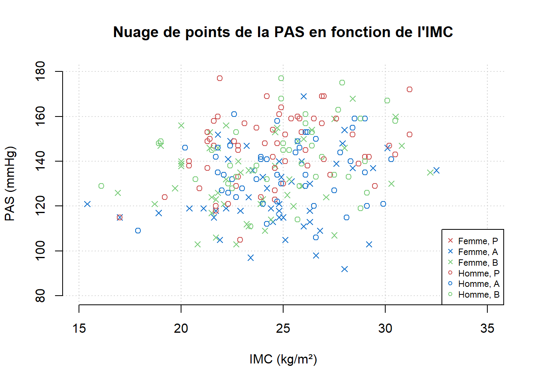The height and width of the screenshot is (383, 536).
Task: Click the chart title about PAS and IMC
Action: tap(283, 32)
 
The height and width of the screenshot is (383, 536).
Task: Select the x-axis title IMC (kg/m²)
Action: tap(283, 359)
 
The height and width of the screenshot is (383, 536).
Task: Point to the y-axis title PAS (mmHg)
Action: tap(10, 184)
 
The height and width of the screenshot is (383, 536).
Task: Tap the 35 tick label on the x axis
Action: tap(487, 328)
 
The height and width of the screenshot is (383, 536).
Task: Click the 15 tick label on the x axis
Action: tap(79, 328)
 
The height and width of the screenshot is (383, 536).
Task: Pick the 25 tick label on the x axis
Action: tap(283, 328)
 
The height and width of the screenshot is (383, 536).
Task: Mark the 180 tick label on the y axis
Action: tap(40, 71)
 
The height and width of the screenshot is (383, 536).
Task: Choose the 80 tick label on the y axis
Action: tap(40, 296)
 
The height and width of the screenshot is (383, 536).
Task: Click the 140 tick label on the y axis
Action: tap(40, 161)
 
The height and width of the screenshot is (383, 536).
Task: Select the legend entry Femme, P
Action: tap(473, 241)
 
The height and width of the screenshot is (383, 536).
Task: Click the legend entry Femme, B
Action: tap(473, 263)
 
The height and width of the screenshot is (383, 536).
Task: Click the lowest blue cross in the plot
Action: tap(344, 269)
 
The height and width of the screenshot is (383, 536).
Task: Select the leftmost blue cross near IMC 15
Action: tap(87, 204)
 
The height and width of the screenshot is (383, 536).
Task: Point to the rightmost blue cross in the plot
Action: tap(436, 170)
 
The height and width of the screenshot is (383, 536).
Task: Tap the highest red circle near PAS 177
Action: tap(220, 78)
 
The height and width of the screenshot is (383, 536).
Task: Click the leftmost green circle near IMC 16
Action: tap(101, 186)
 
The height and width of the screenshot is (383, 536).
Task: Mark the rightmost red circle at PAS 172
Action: tap(410, 89)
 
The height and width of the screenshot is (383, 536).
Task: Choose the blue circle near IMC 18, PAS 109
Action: tap(138, 231)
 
